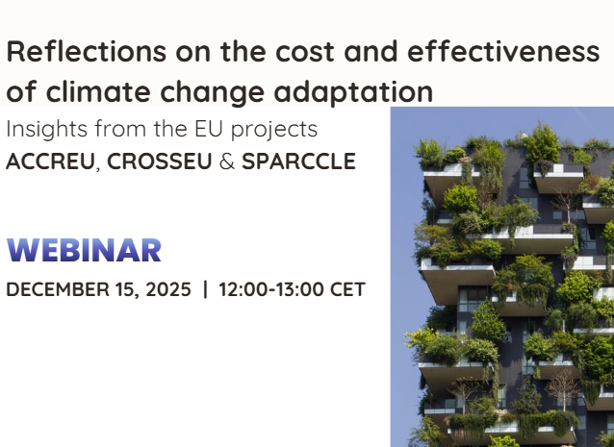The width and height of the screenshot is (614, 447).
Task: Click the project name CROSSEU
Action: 157,161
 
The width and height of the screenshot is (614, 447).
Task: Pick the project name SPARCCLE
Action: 298,161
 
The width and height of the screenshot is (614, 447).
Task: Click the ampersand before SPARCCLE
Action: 226,161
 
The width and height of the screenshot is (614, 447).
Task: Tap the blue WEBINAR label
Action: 84,250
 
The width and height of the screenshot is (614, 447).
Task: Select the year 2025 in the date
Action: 167,289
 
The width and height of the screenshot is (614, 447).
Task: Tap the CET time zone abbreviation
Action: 347,289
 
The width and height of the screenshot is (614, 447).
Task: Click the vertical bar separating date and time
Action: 205,289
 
